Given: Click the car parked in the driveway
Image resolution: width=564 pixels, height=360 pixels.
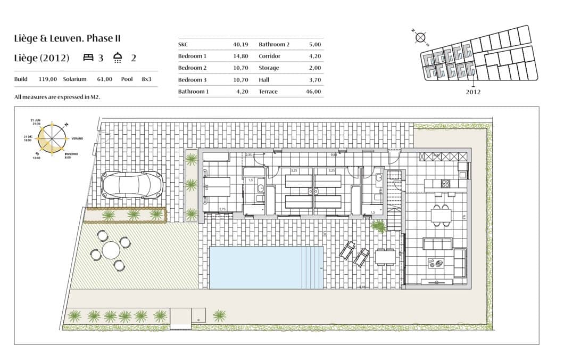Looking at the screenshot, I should (131, 185).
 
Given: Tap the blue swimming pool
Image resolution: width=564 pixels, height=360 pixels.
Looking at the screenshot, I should (266, 267).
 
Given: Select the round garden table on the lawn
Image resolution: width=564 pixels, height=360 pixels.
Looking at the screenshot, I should (111, 250).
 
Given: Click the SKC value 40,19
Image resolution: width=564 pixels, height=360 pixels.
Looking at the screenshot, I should (241, 44).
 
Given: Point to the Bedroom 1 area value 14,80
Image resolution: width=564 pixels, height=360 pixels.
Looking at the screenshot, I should (241, 56).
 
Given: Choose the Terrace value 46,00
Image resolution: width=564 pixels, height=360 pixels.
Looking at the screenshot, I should (313, 92).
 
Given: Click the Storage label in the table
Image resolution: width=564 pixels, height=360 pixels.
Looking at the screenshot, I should (268, 68).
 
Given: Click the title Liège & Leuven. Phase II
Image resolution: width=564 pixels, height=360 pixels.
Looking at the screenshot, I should (68, 38).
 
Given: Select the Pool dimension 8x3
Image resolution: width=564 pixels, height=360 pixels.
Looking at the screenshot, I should (146, 79).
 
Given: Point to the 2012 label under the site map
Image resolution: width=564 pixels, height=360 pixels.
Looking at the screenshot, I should (473, 92).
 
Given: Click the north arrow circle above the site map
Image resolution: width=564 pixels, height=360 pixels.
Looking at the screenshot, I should (420, 37).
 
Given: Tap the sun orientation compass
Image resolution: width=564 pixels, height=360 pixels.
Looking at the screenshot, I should (52, 139).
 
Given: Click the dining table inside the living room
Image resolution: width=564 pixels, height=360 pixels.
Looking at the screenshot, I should (442, 215).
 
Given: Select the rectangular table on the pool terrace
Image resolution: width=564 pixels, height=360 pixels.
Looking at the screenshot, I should (385, 257).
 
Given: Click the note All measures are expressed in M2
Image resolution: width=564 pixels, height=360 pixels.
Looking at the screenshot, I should (57, 97).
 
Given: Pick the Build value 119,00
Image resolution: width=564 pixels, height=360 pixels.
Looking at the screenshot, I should (48, 79).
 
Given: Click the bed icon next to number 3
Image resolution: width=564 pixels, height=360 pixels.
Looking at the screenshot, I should (88, 58).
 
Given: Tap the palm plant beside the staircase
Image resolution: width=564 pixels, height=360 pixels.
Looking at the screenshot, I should (379, 226).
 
